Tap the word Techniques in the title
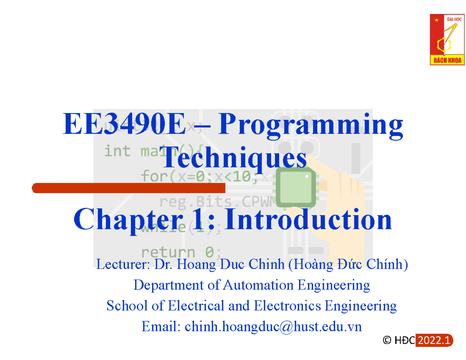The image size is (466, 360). (x=235, y=159)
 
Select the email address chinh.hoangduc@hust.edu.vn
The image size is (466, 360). (x=273, y=327)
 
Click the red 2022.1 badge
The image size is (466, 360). (x=434, y=341)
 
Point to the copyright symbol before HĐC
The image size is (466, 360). (x=386, y=341)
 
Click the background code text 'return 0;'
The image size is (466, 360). (x=181, y=252)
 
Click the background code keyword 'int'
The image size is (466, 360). (x=117, y=151)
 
